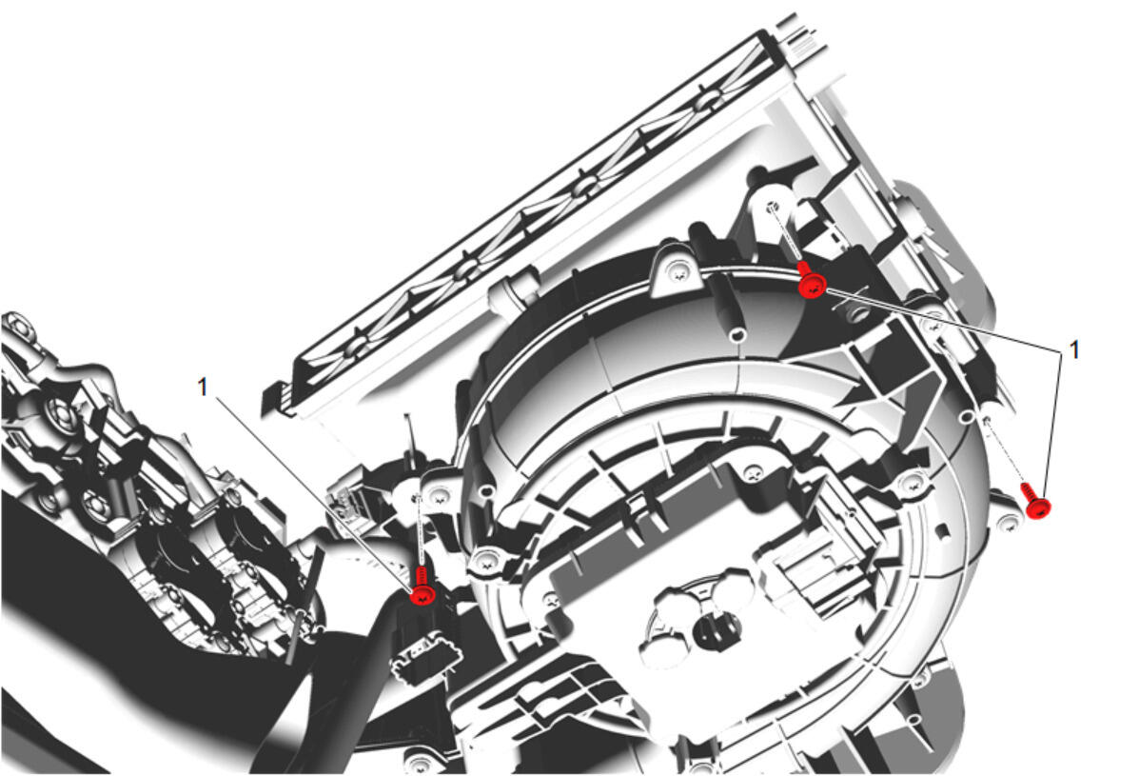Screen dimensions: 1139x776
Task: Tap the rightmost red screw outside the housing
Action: (x=1036, y=501)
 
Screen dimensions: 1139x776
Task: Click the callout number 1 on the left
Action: (x=203, y=388)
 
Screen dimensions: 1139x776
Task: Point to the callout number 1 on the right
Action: (x=1073, y=349)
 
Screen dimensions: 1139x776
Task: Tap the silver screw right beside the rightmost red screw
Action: (x=1009, y=523)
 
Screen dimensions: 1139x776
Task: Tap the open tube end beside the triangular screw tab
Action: (x=738, y=335)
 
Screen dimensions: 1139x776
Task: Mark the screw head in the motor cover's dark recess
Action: (x=753, y=475)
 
